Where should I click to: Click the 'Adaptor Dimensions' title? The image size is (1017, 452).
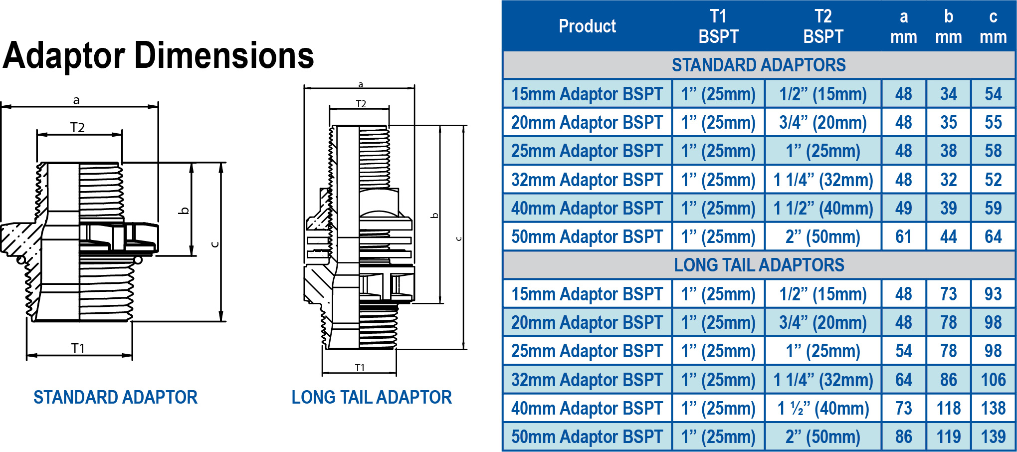(159, 55)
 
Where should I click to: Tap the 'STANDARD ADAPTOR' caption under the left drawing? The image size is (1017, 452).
(115, 397)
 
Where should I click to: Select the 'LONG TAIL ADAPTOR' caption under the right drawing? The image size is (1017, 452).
(372, 397)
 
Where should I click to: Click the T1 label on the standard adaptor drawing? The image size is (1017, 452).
(78, 348)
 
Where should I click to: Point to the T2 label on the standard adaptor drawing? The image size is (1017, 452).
(77, 128)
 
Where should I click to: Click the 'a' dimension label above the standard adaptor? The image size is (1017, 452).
(76, 100)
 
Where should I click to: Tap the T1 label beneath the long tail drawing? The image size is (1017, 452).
(360, 368)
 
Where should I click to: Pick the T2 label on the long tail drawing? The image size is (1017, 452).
(361, 104)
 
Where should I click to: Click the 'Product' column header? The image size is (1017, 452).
(587, 26)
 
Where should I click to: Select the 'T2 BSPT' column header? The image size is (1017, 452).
(823, 26)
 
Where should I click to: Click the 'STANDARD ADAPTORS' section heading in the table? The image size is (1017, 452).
(759, 65)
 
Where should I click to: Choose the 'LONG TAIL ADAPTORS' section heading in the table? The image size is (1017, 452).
(759, 265)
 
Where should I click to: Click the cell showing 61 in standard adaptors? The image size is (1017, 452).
(903, 236)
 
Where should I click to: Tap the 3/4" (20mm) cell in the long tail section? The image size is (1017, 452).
(823, 322)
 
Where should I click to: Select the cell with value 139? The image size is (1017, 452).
(993, 437)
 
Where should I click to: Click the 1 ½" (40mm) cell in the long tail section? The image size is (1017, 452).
(823, 408)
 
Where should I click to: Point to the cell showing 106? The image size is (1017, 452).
(993, 380)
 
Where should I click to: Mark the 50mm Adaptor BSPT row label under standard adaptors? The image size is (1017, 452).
(587, 236)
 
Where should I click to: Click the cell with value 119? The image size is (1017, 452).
(948, 437)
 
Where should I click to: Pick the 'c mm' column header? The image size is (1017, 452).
(993, 26)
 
